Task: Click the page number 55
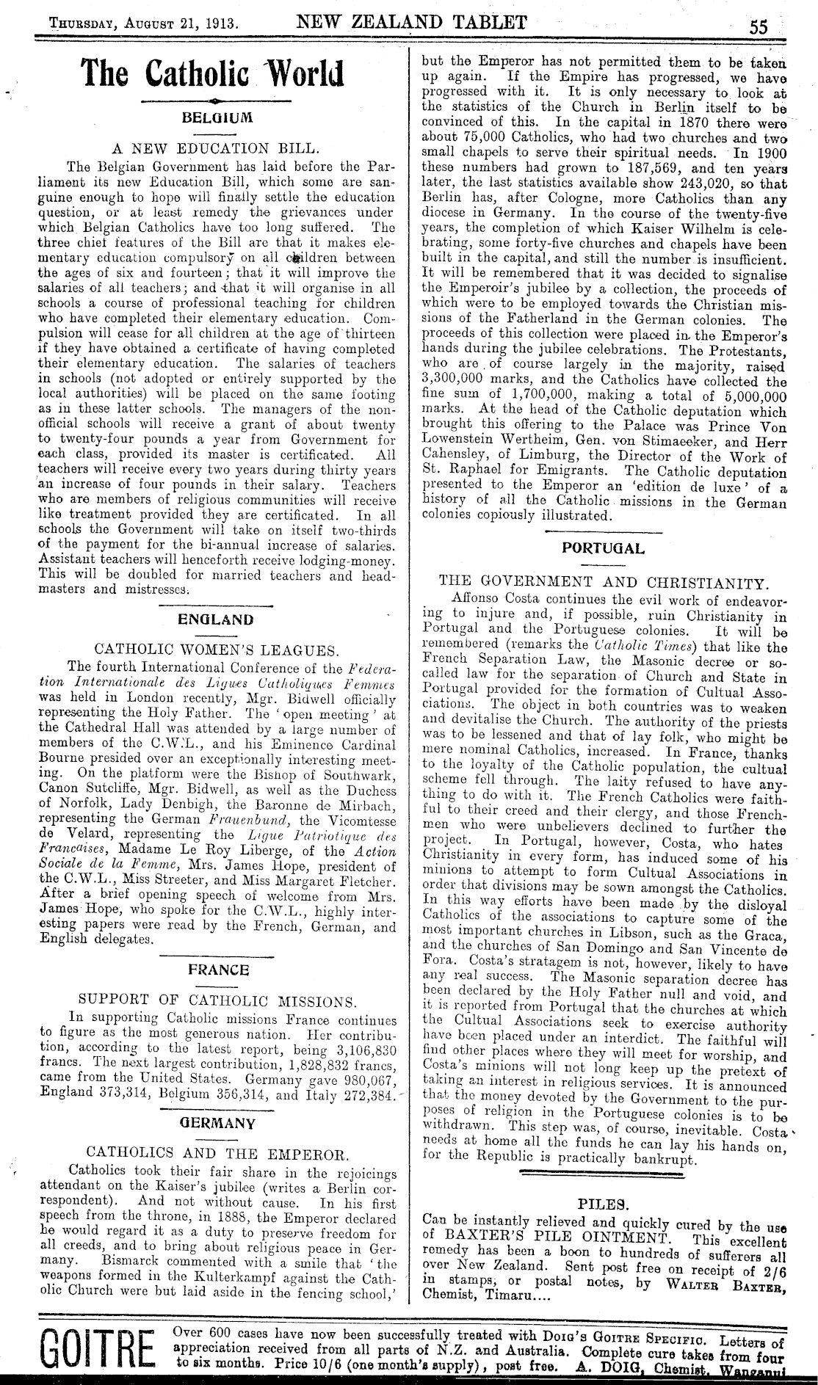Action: pyautogui.click(x=758, y=26)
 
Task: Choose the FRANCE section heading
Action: pyautogui.click(x=218, y=970)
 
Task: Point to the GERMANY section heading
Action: pyautogui.click(x=218, y=1124)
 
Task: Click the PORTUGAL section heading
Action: pyautogui.click(x=603, y=548)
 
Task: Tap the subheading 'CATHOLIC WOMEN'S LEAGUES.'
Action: pyautogui.click(x=217, y=650)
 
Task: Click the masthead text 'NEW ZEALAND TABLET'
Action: pyautogui.click(x=411, y=21)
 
